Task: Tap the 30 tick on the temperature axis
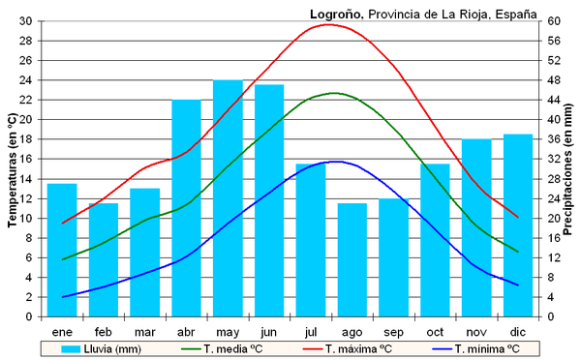25,20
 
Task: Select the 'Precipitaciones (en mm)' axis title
568,168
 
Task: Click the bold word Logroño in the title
335,13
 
